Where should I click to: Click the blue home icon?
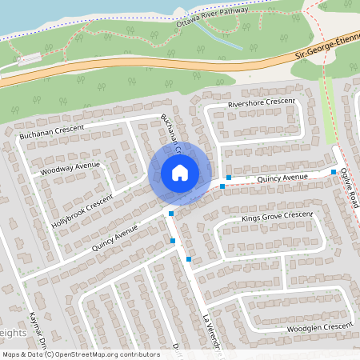(x=180, y=172)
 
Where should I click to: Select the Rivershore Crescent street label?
(x=262, y=104)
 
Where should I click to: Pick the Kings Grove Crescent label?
(x=277, y=217)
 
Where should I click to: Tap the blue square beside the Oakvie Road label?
(x=334, y=172)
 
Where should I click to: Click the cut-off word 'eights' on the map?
(x=13, y=333)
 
